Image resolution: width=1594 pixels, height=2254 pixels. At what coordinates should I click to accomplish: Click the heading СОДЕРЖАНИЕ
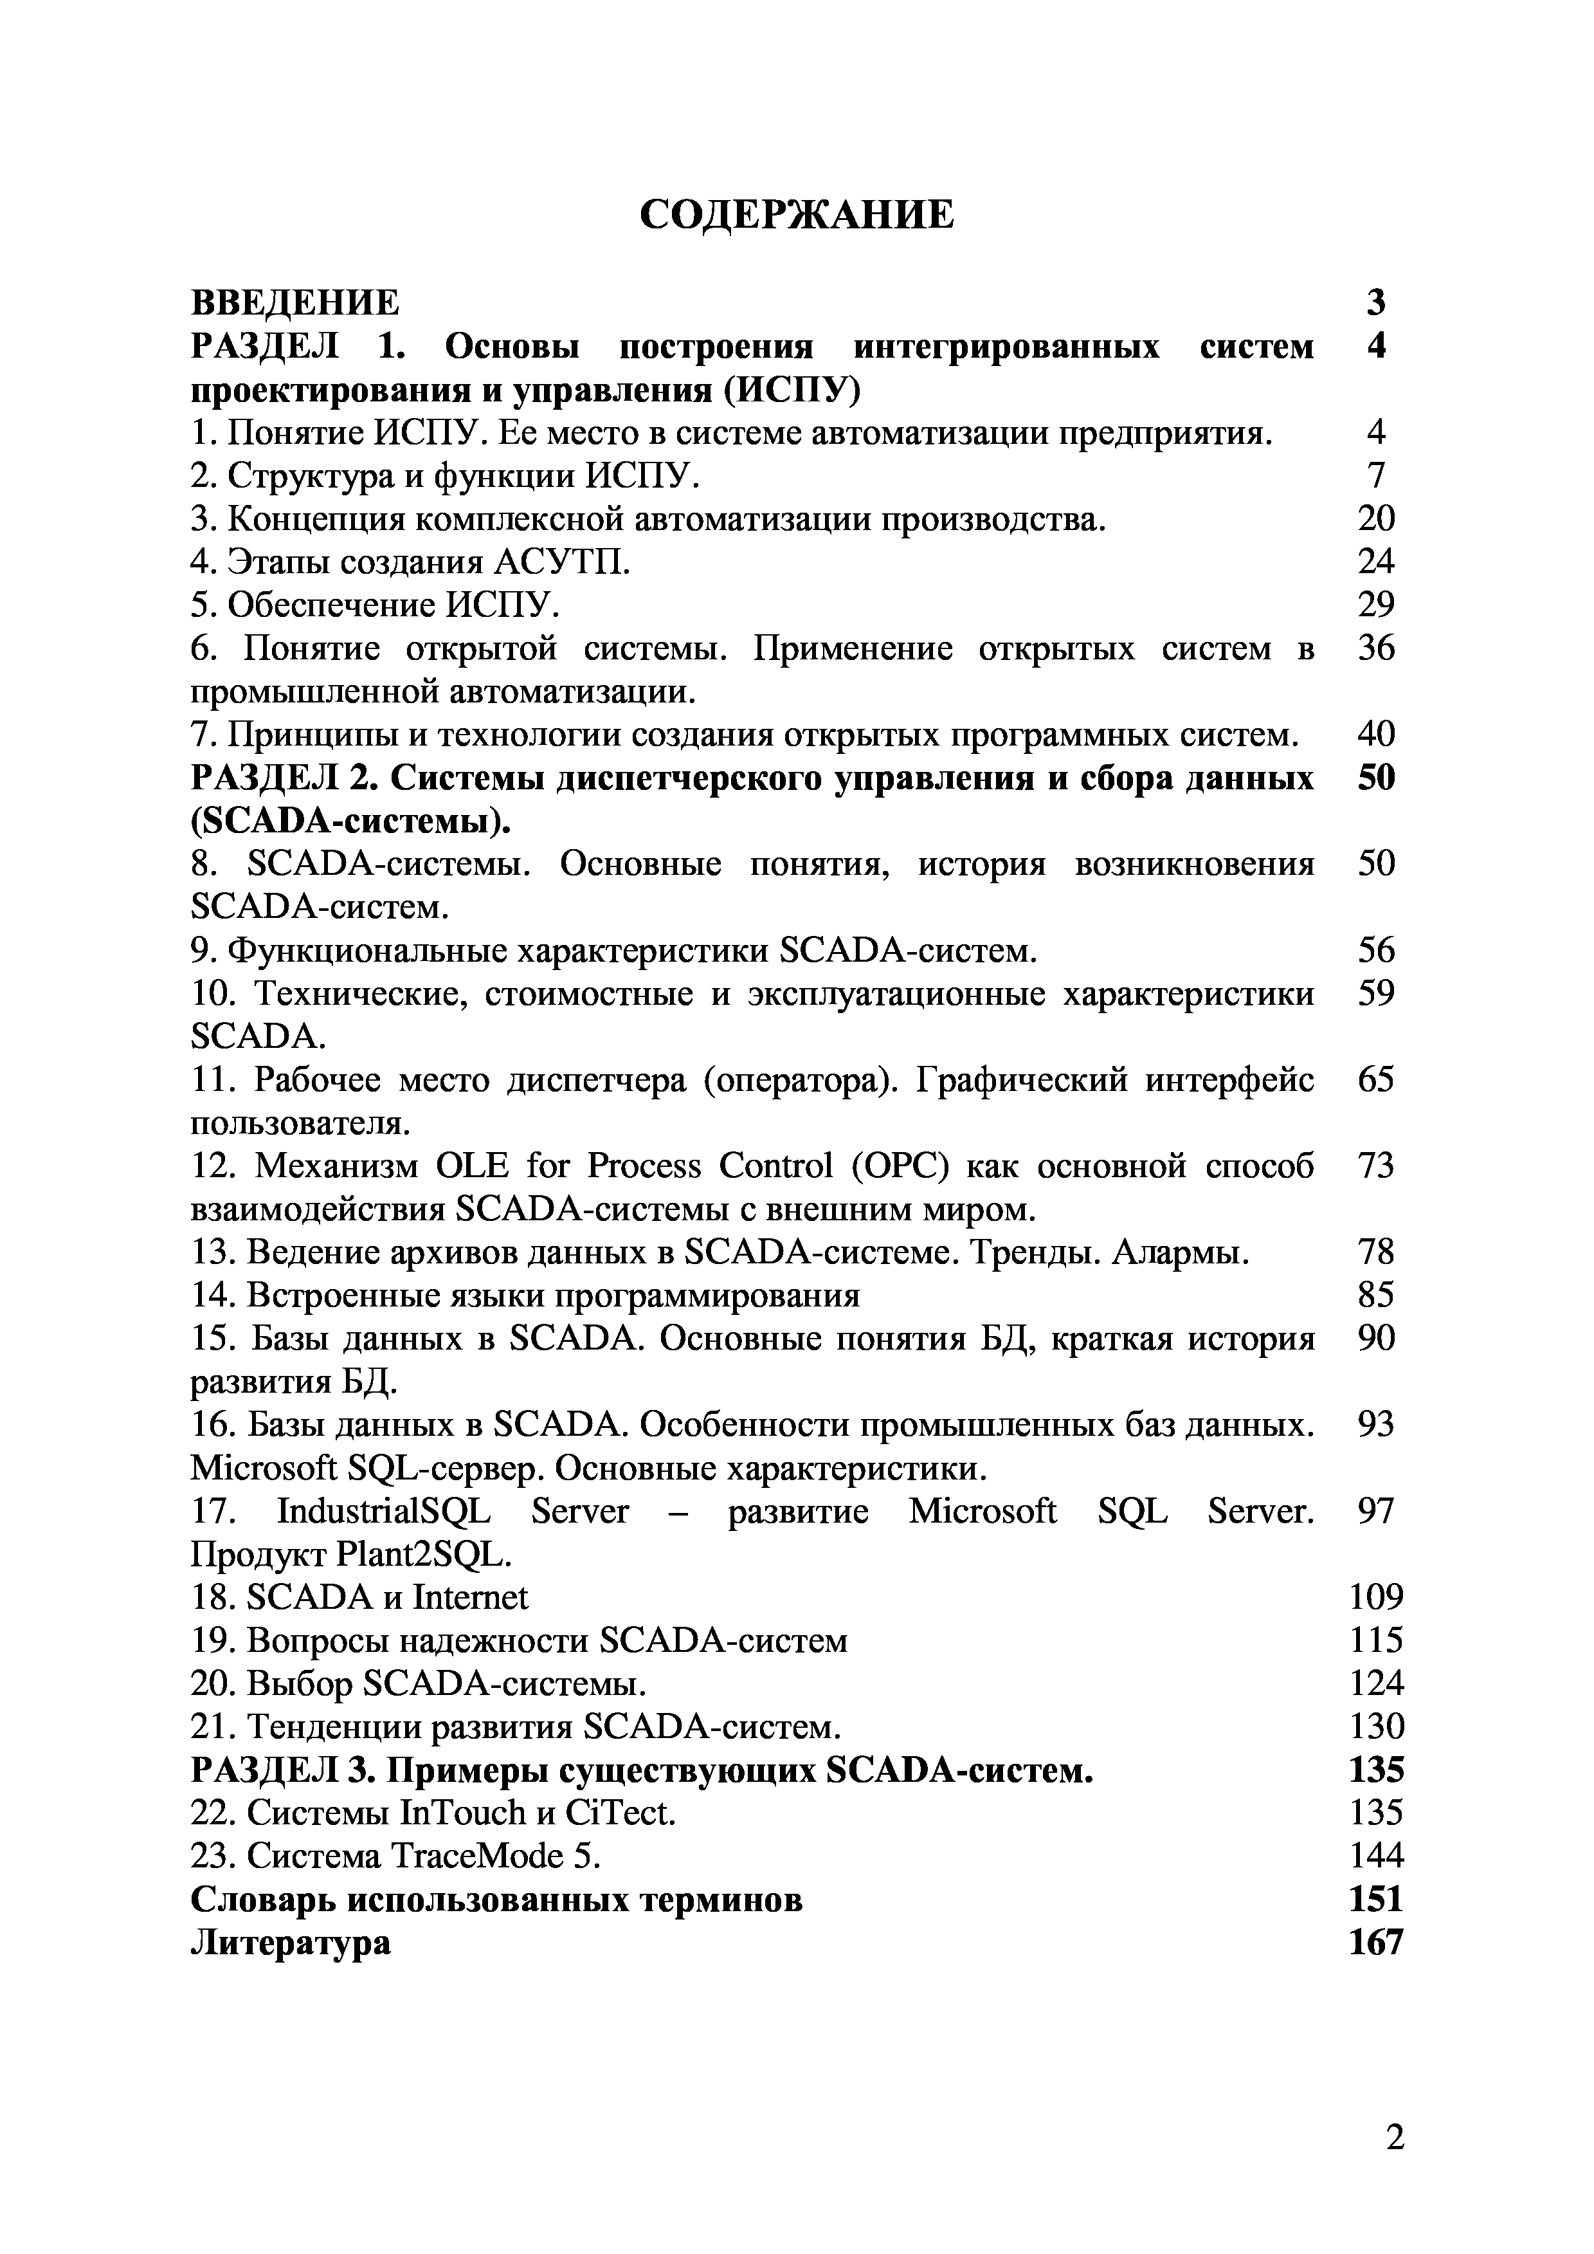click(796, 214)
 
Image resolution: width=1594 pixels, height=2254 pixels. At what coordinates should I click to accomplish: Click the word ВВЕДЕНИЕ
click(294, 302)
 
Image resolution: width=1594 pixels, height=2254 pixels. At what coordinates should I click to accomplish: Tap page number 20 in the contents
click(1376, 518)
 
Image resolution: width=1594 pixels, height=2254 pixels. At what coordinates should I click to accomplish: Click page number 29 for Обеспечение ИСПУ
click(1376, 605)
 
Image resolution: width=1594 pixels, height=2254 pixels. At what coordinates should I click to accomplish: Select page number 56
click(1376, 950)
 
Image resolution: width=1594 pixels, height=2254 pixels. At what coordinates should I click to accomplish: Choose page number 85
click(1376, 1296)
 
